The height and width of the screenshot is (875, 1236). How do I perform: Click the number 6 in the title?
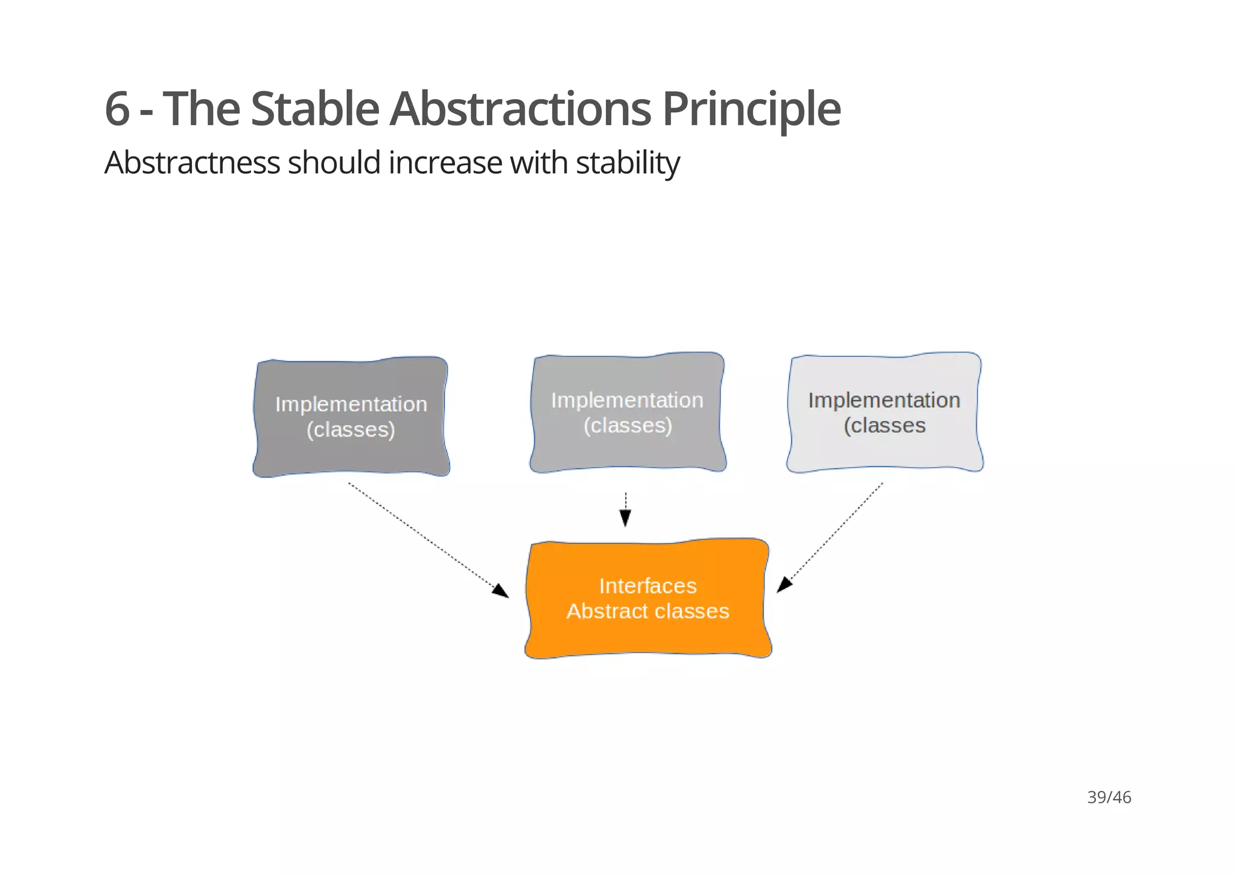118,109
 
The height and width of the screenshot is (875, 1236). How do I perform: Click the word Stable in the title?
314,109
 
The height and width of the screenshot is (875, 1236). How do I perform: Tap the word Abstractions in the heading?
520,109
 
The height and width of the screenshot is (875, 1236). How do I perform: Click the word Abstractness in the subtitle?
192,163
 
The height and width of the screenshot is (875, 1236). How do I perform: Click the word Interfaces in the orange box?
648,586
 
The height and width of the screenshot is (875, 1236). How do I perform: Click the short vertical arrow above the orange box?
625,510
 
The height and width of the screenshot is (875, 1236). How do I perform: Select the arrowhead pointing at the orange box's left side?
500,590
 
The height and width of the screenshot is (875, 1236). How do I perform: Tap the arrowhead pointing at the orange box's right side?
784,585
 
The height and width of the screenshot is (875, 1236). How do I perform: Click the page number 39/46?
1109,798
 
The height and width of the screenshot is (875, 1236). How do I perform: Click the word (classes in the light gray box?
884,426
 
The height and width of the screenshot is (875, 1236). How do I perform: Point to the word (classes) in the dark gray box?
351,430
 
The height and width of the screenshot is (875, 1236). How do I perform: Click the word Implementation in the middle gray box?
627,400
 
